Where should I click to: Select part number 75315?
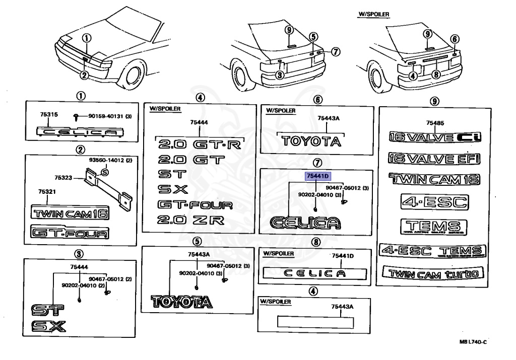point(49,115)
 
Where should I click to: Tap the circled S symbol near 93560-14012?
point(105,172)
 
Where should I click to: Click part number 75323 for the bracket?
point(63,177)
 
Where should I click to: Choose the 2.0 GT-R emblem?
point(200,145)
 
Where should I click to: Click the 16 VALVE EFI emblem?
point(434,159)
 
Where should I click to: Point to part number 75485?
point(434,123)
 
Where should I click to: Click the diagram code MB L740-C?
point(473,342)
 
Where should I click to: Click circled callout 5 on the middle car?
point(313,37)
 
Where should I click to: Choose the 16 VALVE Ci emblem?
point(434,137)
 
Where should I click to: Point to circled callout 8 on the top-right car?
point(437,74)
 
